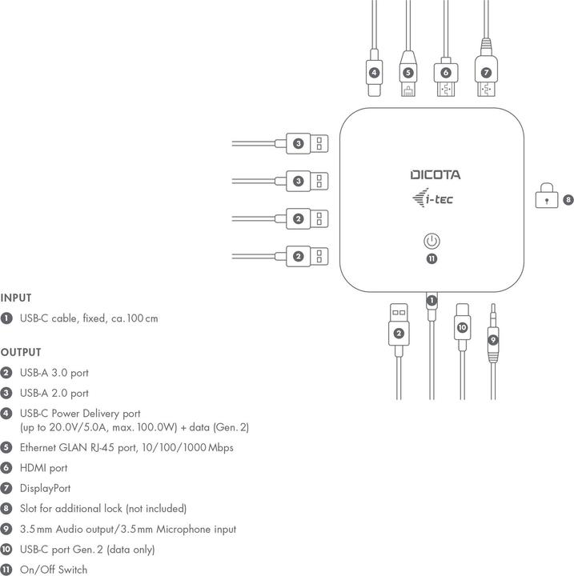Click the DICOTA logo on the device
[436, 175]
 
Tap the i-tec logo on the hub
[432, 199]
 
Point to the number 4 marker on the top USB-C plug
[374, 73]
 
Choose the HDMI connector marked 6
[445, 76]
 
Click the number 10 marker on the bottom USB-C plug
[462, 327]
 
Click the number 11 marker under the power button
[432, 258]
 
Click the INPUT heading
[16, 298]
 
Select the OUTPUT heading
[21, 352]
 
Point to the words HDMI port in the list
[44, 468]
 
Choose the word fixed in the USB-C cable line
[94, 318]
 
